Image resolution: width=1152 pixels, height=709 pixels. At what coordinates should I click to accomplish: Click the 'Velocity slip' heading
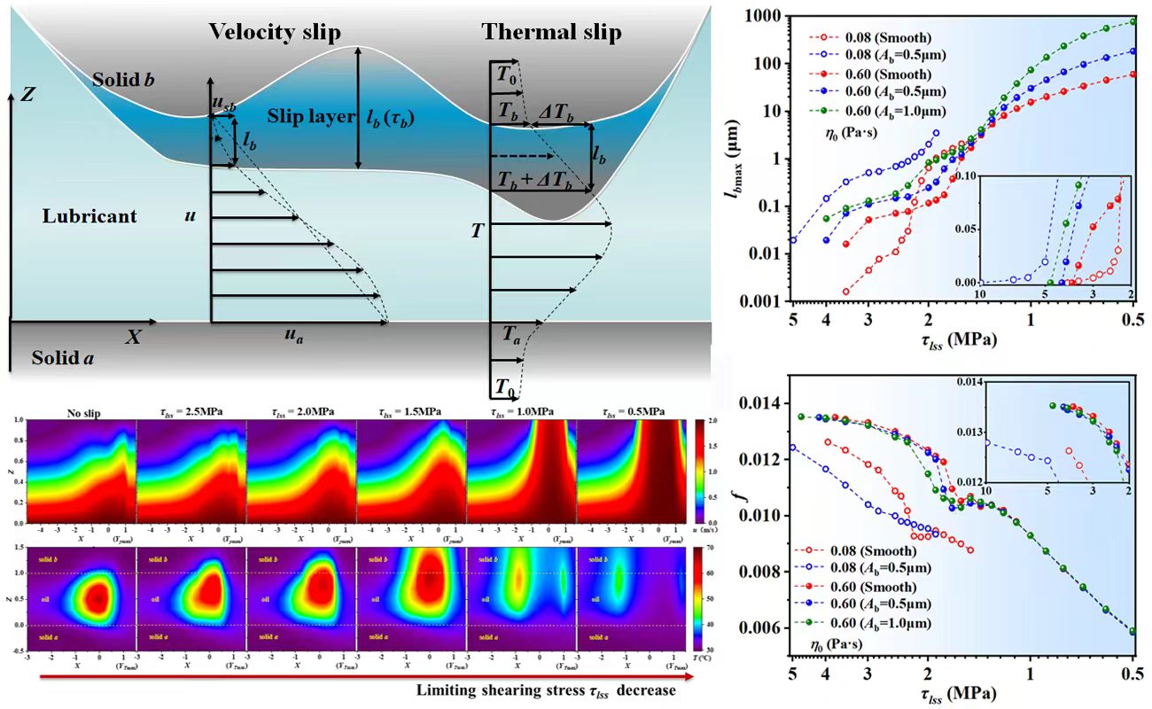[x=274, y=32]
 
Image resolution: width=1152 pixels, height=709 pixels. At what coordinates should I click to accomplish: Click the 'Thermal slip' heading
[x=551, y=32]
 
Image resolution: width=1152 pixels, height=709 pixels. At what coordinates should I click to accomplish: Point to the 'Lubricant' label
[x=90, y=215]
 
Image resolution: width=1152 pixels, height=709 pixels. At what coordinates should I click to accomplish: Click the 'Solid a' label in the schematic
[x=61, y=359]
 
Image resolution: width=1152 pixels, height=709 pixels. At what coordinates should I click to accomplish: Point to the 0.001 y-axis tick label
[x=764, y=301]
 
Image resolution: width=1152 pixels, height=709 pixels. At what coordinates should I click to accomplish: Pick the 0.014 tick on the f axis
[x=764, y=403]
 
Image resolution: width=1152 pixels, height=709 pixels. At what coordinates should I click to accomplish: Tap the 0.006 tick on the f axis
[x=764, y=627]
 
